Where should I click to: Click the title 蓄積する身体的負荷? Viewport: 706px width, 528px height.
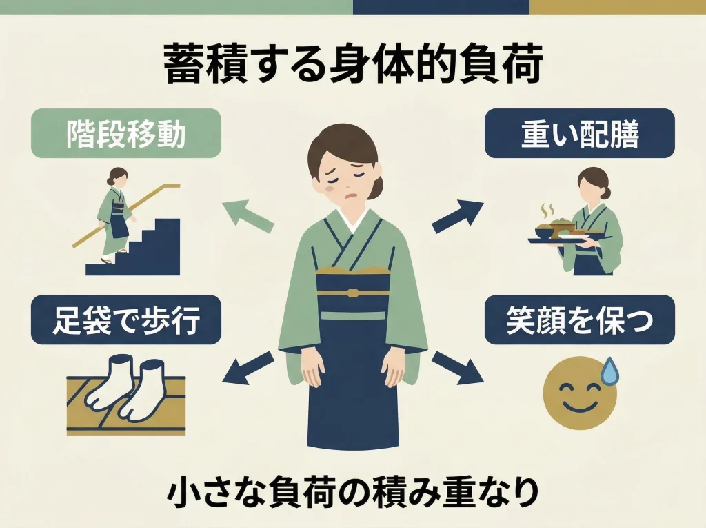[x=353, y=66]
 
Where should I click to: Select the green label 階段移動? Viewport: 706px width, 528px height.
[x=126, y=133]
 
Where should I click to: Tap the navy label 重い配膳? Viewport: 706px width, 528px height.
[x=579, y=133]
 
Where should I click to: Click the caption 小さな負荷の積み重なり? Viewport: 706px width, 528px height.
[x=353, y=492]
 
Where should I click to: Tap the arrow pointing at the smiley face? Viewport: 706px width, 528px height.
[x=458, y=367]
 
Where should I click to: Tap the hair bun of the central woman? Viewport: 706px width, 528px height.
[x=378, y=186]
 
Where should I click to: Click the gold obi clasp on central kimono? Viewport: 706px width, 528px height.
[x=353, y=292]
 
